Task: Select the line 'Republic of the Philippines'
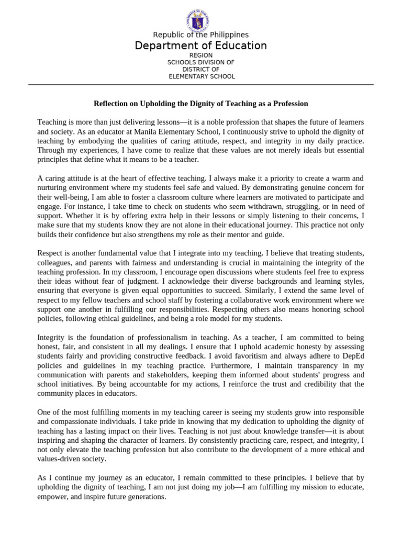point(201,35)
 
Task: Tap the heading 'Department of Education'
point(201,46)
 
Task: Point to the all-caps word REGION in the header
point(201,55)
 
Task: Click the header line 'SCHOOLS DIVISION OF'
point(201,62)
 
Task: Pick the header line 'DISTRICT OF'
point(201,69)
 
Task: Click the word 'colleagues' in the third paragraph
point(55,263)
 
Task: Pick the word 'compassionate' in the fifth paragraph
point(63,422)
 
